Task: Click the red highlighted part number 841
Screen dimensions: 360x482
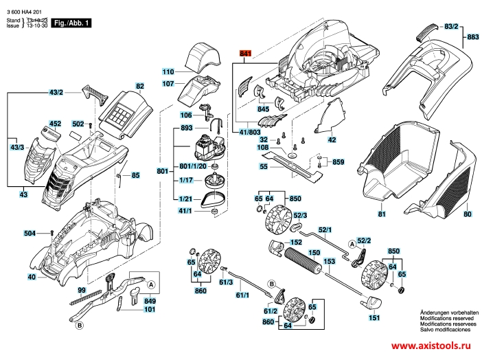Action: pos(246,53)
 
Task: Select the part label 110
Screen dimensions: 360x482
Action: pos(168,71)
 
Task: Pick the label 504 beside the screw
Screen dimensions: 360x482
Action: pos(28,234)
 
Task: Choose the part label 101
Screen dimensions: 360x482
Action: pos(150,310)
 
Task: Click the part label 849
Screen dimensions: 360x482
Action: pos(150,300)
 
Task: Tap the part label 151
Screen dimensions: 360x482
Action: pos(374,318)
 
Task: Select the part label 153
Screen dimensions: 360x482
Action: pos(329,261)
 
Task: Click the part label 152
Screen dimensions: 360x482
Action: pos(296,243)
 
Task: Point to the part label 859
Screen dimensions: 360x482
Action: pos(338,162)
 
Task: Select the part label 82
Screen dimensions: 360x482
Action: pos(139,86)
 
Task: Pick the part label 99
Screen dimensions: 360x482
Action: pos(81,291)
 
